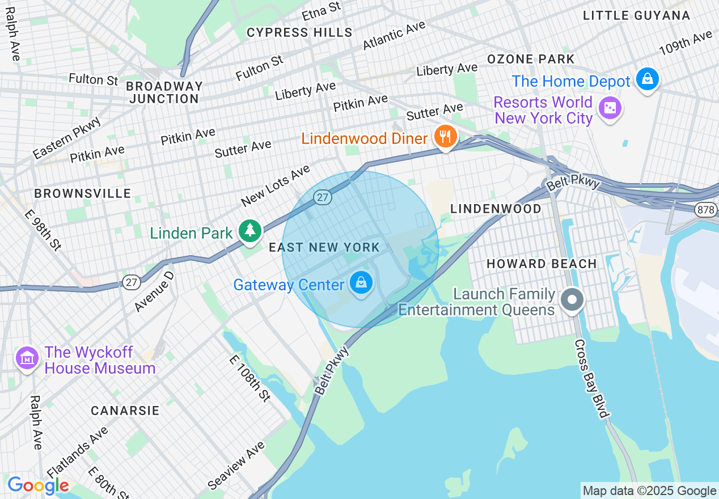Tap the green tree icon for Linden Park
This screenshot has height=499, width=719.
(x=249, y=231)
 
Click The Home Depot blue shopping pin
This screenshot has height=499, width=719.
(x=647, y=79)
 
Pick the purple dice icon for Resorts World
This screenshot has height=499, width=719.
(x=610, y=108)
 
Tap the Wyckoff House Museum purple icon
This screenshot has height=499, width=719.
(x=27, y=358)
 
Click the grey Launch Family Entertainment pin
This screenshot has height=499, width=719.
(x=572, y=299)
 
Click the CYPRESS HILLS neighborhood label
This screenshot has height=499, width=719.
(x=300, y=33)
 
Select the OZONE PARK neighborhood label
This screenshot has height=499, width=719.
(x=531, y=59)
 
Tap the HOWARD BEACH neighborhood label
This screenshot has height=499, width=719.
(x=542, y=264)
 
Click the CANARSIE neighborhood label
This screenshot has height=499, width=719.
(x=125, y=411)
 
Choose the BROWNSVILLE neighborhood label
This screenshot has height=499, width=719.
(x=83, y=194)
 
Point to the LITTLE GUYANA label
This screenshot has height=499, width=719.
(x=637, y=16)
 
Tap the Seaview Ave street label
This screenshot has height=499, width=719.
(x=236, y=465)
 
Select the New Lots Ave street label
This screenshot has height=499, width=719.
(x=276, y=185)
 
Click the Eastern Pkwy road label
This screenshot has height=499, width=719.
(x=67, y=138)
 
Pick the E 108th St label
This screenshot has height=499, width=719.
(x=250, y=378)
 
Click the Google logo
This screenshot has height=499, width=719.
(x=38, y=485)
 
